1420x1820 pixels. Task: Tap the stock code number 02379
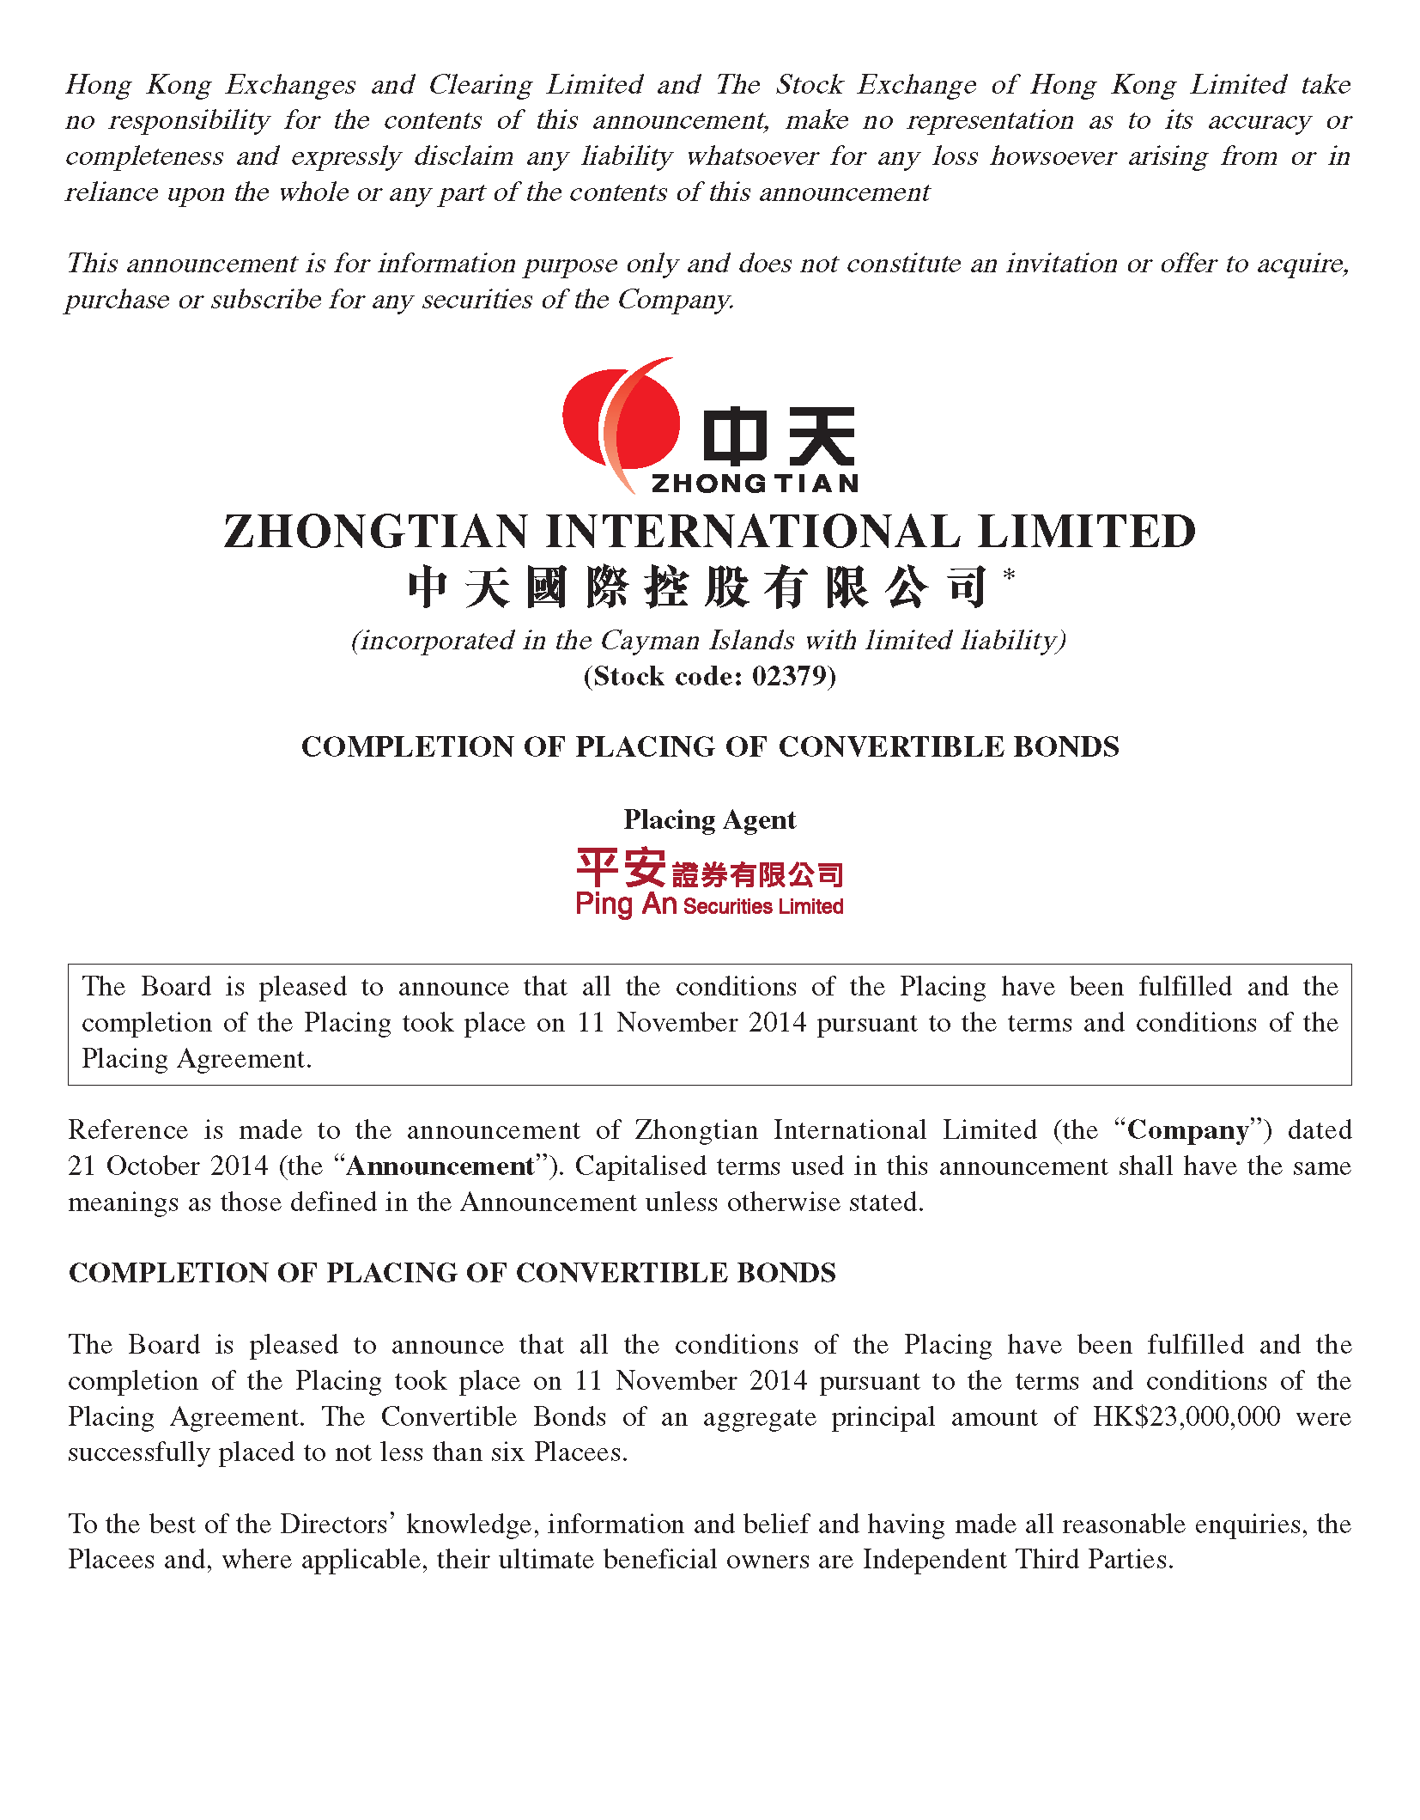point(789,676)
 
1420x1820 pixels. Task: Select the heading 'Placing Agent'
point(709,819)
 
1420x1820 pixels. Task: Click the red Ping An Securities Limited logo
point(709,882)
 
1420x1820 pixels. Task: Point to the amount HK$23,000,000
point(1186,1416)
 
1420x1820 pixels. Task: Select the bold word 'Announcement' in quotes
point(440,1166)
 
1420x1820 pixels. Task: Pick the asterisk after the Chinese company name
point(1009,574)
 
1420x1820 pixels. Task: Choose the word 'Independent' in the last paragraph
point(934,1559)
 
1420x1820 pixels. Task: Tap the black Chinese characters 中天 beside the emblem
point(778,436)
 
